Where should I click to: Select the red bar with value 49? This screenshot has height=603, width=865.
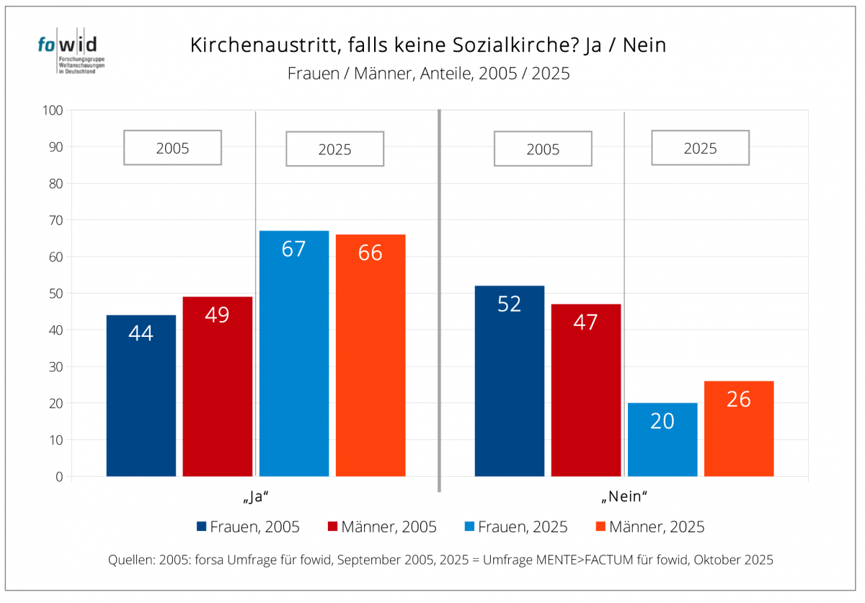pos(217,386)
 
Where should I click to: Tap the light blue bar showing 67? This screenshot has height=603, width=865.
pos(294,353)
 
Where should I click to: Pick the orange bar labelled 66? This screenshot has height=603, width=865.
pos(371,355)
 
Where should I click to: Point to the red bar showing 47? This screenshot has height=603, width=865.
pos(586,390)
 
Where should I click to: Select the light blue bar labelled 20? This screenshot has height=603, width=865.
pos(662,439)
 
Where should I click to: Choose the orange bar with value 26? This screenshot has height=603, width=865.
pos(739,428)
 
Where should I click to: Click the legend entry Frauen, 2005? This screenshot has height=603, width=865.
pos(248,527)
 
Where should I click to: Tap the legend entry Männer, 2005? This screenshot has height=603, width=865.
pos(383,527)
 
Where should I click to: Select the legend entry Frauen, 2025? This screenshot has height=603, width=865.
pos(516,527)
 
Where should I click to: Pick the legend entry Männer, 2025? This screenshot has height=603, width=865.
pos(649,527)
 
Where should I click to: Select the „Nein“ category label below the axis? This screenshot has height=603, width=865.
pos(624,497)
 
